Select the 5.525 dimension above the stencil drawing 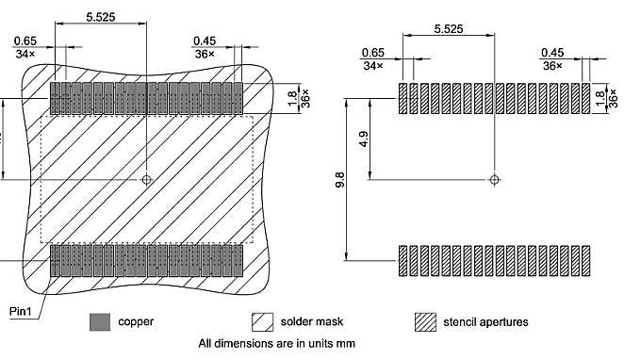coord(448,29)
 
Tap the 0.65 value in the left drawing coord(25,41)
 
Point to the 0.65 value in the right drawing coord(373,53)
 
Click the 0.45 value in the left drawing coord(205,41)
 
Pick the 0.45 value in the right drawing coord(552,53)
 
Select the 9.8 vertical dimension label coord(339,180)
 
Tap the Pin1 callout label coord(22,310)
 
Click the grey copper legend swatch coord(99,322)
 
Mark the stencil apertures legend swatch coord(426,322)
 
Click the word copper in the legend coord(136,322)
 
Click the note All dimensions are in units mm coord(276,344)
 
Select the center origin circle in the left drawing coord(146,178)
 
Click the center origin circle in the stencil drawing coord(495,178)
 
